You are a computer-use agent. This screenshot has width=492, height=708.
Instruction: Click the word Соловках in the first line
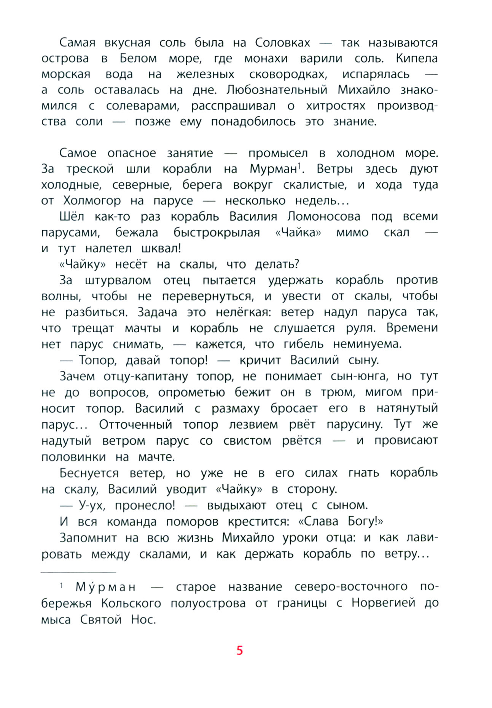(x=282, y=42)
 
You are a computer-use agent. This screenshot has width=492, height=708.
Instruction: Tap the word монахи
(x=266, y=58)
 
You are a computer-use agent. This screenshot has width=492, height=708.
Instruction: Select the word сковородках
(x=288, y=74)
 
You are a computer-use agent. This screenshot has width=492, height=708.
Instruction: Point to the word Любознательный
(x=277, y=90)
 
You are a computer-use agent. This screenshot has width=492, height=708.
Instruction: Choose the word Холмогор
(x=92, y=200)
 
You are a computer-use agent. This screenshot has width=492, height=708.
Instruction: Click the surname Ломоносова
(x=323, y=216)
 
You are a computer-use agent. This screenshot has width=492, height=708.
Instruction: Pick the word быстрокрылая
(x=217, y=232)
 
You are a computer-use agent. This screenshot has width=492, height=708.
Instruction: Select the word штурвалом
(x=118, y=280)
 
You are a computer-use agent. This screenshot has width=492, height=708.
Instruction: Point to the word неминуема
(x=367, y=344)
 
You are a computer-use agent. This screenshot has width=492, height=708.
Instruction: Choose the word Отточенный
(x=135, y=424)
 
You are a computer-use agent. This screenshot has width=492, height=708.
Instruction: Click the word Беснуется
(x=89, y=473)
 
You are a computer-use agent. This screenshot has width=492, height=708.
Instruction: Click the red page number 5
(x=239, y=650)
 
